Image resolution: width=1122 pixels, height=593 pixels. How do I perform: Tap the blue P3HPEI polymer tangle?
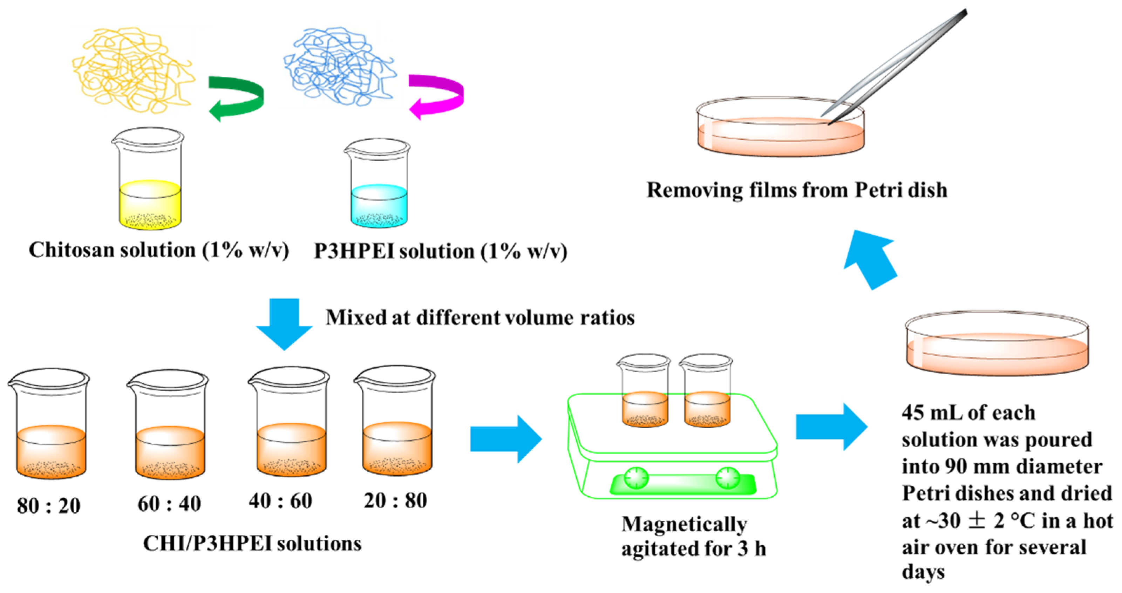pos(340,65)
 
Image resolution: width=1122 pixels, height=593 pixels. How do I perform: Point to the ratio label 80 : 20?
pos(49,506)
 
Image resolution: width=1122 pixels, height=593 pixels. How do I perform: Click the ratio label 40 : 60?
pos(280,501)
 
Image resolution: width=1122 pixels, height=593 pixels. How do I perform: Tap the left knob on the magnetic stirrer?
pos(636,478)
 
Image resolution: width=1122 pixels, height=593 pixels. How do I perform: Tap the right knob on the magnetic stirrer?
pos(727,478)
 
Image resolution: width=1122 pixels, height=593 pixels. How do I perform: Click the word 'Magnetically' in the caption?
pos(684,525)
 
